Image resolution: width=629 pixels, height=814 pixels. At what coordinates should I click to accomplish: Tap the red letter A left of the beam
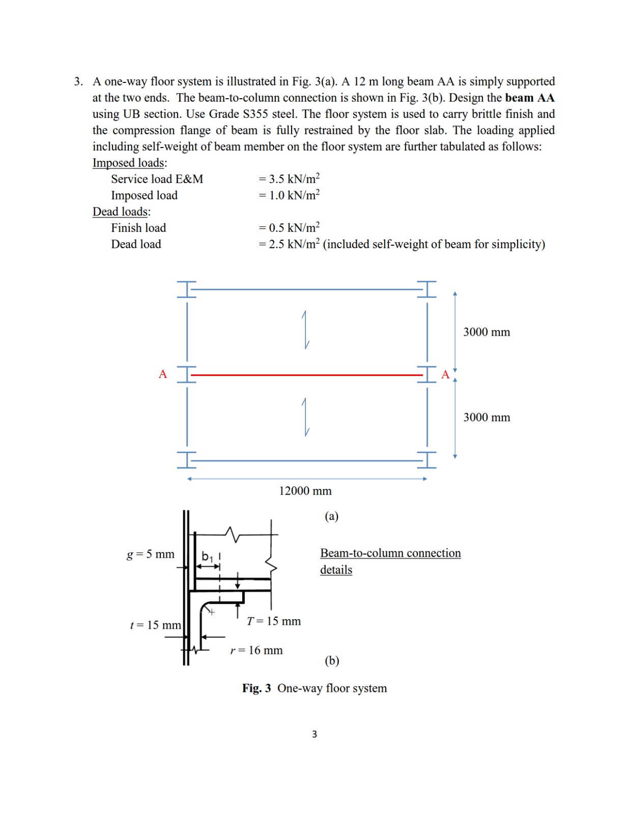coord(163,374)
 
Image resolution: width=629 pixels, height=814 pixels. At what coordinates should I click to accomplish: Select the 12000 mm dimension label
coord(305,491)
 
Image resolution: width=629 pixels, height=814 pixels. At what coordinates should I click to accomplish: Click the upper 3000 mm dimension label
coord(486,332)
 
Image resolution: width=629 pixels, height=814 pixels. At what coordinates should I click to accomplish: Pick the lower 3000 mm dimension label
coord(486,418)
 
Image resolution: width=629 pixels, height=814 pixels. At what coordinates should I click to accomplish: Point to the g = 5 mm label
coord(150,554)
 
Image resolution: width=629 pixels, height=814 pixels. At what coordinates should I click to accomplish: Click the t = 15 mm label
coord(155,625)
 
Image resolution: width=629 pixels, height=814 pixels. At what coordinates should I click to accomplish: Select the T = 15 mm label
coord(274,621)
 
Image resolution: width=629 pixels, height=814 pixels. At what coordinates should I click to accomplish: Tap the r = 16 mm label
coord(256,650)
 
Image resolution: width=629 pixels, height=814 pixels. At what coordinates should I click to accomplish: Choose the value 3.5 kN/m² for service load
coord(289,179)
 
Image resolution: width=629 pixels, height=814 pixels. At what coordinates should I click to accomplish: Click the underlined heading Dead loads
coord(121,212)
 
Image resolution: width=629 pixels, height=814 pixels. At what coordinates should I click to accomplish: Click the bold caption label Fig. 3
coord(256,688)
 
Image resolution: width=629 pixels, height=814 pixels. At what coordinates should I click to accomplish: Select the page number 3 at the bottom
coord(314,734)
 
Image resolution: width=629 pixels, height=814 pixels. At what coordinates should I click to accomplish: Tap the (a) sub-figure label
coord(331,516)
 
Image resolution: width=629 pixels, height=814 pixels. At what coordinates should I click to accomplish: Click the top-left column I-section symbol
coord(187,289)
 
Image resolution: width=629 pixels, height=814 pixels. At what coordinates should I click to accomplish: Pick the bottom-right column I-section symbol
coord(427,460)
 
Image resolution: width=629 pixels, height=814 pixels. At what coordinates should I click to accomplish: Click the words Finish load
coord(138,228)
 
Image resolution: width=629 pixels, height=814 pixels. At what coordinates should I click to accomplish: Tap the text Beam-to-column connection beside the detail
coord(390,553)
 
